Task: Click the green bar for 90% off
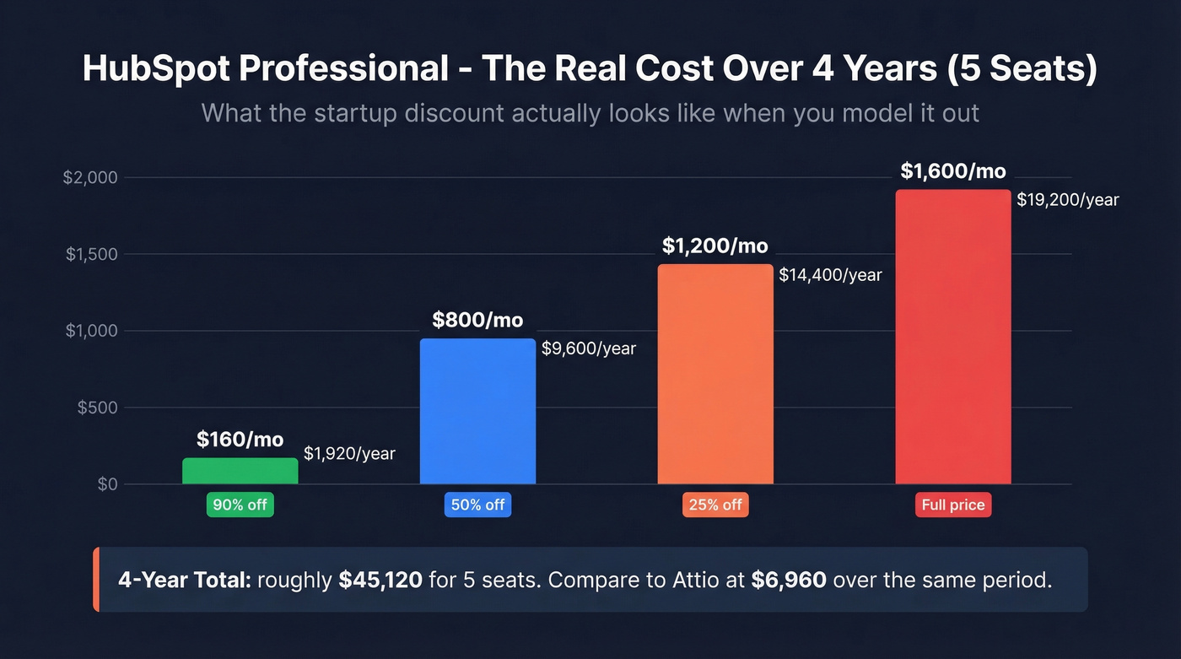pos(240,471)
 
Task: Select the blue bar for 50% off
pos(477,411)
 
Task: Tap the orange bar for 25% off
pos(715,374)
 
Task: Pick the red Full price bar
pos(952,337)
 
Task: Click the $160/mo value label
pos(240,440)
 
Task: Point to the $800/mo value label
pos(477,321)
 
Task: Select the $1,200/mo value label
pos(715,246)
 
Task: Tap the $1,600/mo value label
pos(952,171)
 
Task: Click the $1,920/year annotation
pos(349,454)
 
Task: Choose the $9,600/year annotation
pos(588,348)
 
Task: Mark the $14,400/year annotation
pos(830,275)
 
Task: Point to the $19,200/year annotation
pos(1067,200)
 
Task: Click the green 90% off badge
pos(240,505)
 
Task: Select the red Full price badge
pos(952,505)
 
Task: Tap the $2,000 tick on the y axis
pos(90,178)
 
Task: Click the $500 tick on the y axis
pos(97,408)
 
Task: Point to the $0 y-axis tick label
pos(107,484)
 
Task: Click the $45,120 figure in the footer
pos(380,581)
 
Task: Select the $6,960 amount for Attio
pos(788,581)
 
